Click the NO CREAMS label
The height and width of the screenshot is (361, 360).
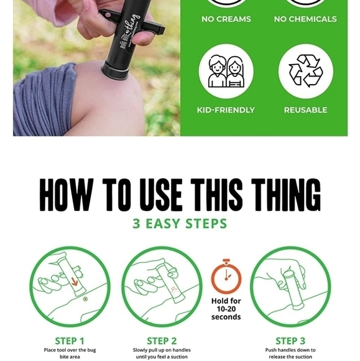pyautogui.click(x=225, y=19)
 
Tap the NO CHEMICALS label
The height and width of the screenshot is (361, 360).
pyautogui.click(x=305, y=19)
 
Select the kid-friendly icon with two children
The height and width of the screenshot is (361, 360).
pyautogui.click(x=226, y=72)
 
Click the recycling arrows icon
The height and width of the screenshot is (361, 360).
pyautogui.click(x=305, y=72)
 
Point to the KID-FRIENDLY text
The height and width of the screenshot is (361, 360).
pyautogui.click(x=226, y=110)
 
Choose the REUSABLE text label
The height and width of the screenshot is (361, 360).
pyautogui.click(x=305, y=110)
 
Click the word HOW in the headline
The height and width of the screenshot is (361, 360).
pyautogui.click(x=68, y=195)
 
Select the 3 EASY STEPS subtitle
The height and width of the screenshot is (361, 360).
pyautogui.click(x=180, y=223)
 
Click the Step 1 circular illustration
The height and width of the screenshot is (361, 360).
pyautogui.click(x=70, y=287)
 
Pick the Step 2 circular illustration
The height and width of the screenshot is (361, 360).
pyautogui.click(x=161, y=287)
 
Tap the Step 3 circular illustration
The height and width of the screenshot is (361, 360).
pyautogui.click(x=290, y=287)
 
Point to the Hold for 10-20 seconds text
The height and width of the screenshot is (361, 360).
pyautogui.click(x=226, y=309)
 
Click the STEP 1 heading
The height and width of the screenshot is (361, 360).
pyautogui.click(x=70, y=340)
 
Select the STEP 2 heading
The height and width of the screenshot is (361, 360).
pyautogui.click(x=161, y=340)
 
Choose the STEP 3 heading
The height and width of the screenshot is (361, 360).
pyautogui.click(x=290, y=340)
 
